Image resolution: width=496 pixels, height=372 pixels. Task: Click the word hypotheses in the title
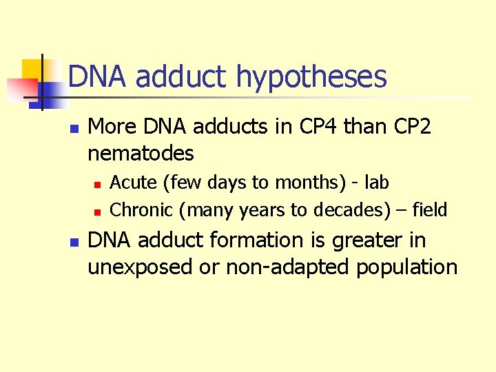[x=311, y=77]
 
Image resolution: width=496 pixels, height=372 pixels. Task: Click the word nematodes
[x=141, y=152]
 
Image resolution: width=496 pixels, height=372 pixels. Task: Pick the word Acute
[x=134, y=183]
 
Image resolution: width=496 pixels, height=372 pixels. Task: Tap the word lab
[x=376, y=183]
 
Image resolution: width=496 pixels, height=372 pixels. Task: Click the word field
[x=430, y=209]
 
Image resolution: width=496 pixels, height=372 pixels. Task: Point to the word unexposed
[x=140, y=267]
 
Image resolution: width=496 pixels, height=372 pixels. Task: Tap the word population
[x=406, y=267]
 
